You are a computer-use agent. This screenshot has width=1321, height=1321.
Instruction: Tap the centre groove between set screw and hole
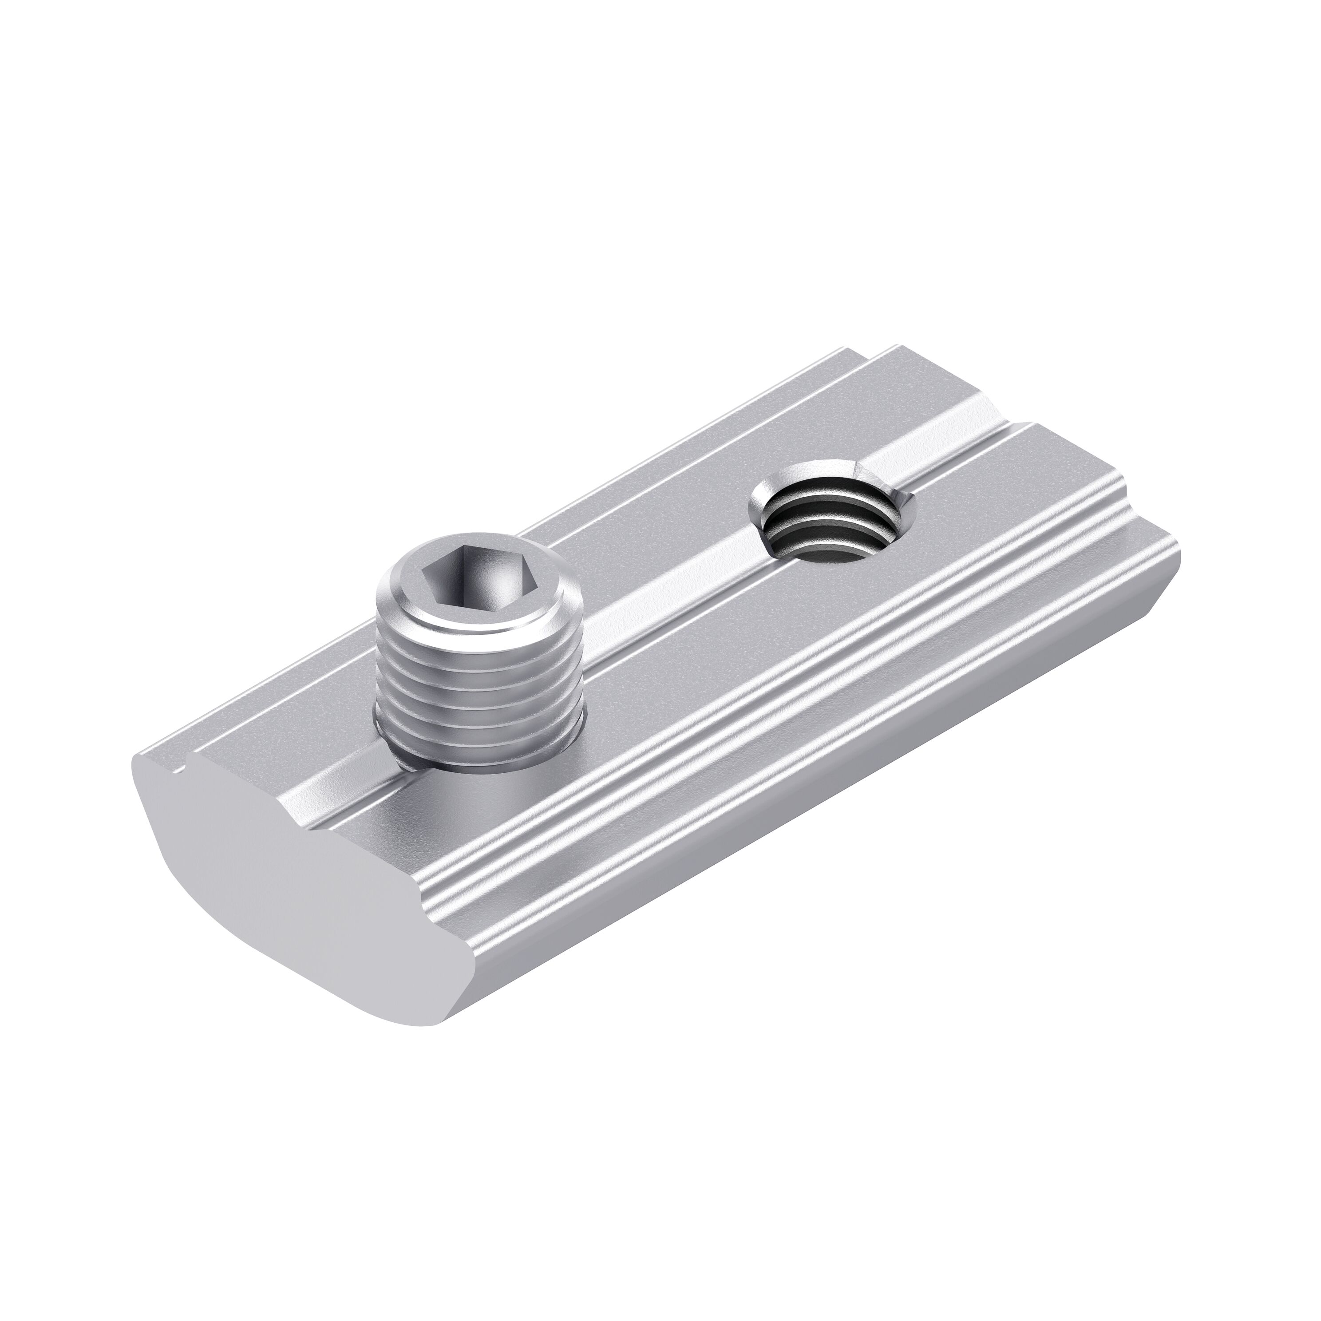pos(657,602)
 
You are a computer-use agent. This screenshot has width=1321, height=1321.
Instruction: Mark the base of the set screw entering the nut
pos(479,766)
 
